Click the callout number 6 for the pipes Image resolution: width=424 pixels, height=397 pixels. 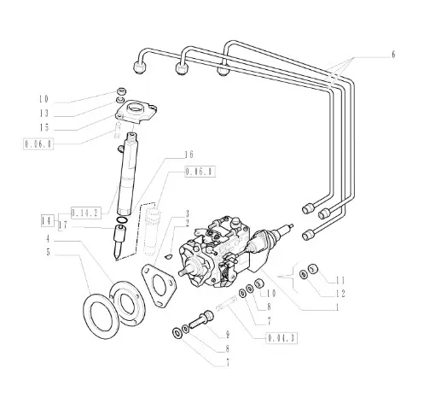point(393,55)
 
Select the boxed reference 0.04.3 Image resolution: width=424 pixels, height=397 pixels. point(282,338)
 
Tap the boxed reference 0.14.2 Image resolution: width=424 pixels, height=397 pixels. point(86,213)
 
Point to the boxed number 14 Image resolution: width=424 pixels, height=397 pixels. point(47,220)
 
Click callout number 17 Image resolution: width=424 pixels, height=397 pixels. point(63,225)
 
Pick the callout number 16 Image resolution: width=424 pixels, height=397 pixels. point(189,155)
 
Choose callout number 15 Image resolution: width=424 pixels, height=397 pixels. point(44,128)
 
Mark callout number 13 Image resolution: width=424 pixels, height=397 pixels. point(44,114)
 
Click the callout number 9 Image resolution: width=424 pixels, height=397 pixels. point(228,335)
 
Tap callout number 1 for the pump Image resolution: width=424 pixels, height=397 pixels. point(337,307)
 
